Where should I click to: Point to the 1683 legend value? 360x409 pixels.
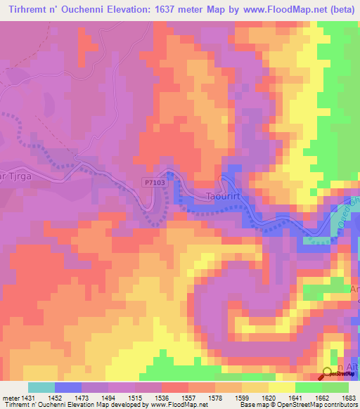[349, 397]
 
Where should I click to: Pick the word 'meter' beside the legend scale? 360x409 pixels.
[10, 397]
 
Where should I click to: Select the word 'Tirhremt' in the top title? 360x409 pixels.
[27, 9]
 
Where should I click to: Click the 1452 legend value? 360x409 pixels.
[56, 397]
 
